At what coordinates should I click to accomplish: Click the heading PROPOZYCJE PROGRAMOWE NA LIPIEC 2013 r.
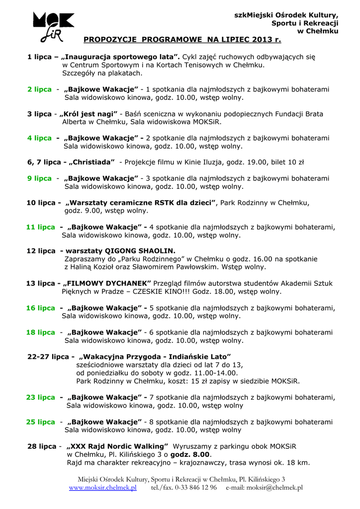(182, 39)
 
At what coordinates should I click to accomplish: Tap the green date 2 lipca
(39, 89)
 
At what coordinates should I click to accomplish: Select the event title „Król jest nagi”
(89, 114)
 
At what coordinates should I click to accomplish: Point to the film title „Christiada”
(92, 162)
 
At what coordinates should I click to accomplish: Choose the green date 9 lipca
(39, 178)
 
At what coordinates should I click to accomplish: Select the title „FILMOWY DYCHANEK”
(105, 283)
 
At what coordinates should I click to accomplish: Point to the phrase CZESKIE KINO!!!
(163, 292)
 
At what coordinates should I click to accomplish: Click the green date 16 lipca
(41, 308)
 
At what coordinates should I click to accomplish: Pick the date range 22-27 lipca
(48, 356)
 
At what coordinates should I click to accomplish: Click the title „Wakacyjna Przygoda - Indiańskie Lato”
(155, 356)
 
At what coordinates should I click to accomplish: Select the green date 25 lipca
(41, 422)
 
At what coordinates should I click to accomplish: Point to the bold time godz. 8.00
(190, 454)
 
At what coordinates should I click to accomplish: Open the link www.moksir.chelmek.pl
(102, 488)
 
